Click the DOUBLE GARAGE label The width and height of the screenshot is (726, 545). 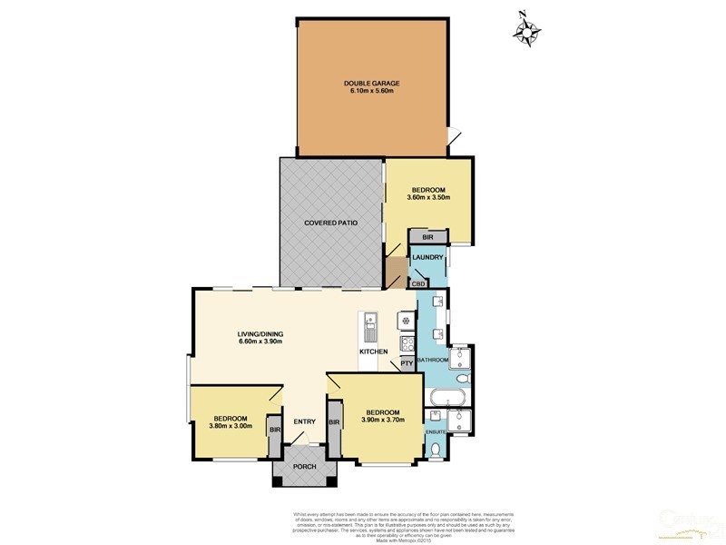tap(372, 83)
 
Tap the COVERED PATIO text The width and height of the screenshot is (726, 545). tap(329, 222)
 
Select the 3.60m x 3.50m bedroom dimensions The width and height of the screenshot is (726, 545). tap(427, 197)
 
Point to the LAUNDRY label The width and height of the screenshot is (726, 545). tap(427, 258)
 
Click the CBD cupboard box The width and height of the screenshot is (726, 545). tap(418, 284)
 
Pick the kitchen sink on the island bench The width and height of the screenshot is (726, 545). tap(370, 324)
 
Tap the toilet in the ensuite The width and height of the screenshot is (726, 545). tap(437, 449)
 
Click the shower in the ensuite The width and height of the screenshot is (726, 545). tap(460, 420)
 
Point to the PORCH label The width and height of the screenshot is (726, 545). tap(305, 467)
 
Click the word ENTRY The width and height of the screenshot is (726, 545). tap(304, 421)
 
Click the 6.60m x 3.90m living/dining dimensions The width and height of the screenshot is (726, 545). tap(260, 342)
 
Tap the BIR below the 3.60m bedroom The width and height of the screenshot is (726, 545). tap(427, 237)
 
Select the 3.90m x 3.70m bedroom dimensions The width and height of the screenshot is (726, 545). tap(382, 419)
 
